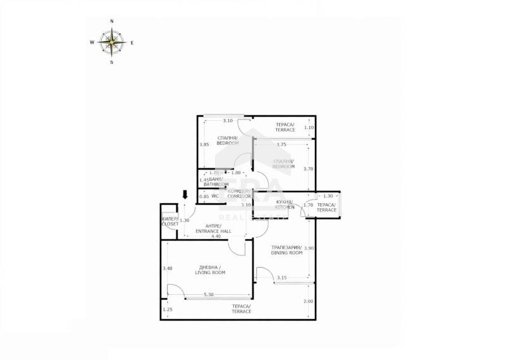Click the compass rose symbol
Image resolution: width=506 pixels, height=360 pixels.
[112, 42]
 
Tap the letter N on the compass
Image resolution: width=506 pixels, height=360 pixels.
[112, 22]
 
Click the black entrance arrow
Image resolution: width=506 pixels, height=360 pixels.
[185, 194]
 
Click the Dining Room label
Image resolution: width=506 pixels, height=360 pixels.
[287, 250]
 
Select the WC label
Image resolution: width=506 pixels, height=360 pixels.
[214, 196]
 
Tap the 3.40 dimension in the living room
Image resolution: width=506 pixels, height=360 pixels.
[167, 269]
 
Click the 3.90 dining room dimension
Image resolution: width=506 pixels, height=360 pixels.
[309, 247]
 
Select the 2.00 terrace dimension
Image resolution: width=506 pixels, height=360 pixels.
[308, 301]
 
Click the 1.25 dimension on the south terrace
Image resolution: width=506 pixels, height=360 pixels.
[167, 309]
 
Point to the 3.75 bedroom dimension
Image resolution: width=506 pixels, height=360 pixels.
[281, 144]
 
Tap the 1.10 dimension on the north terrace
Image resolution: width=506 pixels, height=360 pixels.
[309, 128]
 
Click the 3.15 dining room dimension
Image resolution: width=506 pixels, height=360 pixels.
[282, 277]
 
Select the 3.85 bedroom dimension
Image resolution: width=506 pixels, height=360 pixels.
[204, 145]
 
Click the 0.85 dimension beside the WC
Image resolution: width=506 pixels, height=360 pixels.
[204, 197]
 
